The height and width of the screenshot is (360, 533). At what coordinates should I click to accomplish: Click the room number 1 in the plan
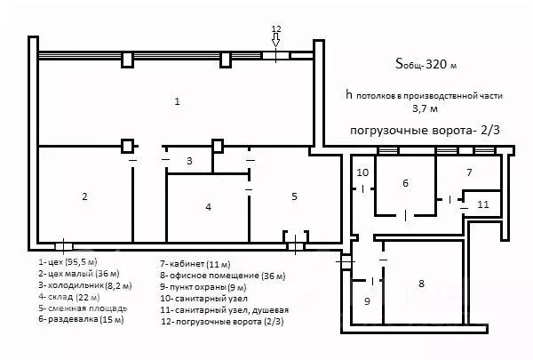177,103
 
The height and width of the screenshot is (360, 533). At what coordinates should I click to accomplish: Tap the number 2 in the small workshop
84,196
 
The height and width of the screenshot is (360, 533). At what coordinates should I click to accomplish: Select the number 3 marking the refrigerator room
188,161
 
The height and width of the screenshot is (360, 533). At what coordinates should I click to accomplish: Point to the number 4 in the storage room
208,207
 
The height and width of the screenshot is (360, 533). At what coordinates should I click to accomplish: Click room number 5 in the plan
294,196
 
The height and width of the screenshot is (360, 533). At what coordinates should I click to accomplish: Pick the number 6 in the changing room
405,183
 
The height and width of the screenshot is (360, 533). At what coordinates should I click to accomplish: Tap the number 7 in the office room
469,170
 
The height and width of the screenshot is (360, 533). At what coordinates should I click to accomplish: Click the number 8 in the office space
421,284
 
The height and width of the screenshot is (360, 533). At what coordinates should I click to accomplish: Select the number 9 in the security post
365,301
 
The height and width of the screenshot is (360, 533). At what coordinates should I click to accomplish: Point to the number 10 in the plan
362,172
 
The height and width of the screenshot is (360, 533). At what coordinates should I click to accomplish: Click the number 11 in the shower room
482,204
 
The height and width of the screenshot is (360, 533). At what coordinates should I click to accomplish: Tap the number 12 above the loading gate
275,28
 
